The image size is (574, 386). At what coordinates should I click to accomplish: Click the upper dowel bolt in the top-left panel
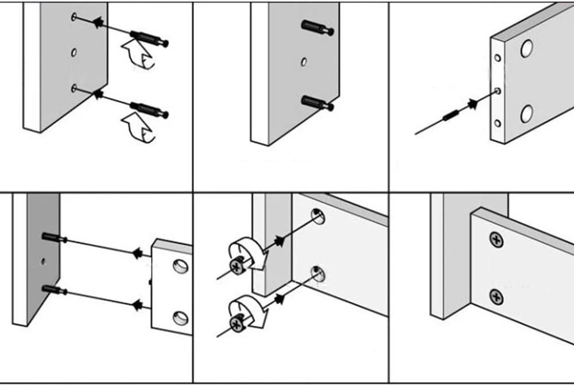pos(149,38)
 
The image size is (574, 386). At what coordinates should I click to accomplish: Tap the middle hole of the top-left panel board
pos(74,53)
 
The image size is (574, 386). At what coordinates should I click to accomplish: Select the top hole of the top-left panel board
pos(74,17)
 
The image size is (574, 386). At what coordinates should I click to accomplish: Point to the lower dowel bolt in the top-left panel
pos(149,110)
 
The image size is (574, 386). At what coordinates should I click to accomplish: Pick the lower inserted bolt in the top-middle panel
pos(317,103)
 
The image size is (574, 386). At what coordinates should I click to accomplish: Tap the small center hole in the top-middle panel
pos(304,61)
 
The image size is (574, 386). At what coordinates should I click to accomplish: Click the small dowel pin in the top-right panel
pos(451,115)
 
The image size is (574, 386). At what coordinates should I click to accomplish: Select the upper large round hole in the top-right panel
pos(526,49)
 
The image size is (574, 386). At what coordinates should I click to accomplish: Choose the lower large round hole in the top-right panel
pos(526,114)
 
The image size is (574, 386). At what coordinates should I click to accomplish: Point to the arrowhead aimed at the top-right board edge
pos(473,104)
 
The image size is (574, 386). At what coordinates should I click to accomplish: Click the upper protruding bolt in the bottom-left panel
pos(54,237)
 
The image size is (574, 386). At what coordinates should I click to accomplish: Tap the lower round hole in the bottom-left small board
pos(180,317)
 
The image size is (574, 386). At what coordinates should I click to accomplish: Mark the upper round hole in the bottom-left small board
pos(180,265)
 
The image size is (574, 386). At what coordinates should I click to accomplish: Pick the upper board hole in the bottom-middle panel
pos(317,217)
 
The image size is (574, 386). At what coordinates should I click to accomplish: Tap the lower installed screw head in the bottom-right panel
pos(497,297)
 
